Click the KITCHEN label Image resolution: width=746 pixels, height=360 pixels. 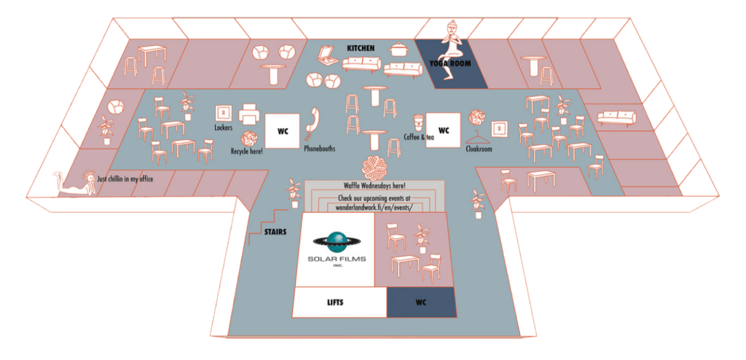[x=361, y=48]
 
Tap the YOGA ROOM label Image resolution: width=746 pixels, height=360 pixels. [x=449, y=63]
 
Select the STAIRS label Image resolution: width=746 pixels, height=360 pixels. [x=275, y=232]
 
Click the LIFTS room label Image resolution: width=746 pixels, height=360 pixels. [x=336, y=301]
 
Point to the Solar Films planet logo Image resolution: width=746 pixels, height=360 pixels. [x=337, y=241]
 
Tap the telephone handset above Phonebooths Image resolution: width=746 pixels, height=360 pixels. [x=313, y=120]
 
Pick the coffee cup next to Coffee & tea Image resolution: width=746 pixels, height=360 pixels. [x=418, y=122]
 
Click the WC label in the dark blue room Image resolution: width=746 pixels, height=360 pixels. [x=421, y=301]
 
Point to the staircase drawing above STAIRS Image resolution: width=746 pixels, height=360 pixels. [x=268, y=219]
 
